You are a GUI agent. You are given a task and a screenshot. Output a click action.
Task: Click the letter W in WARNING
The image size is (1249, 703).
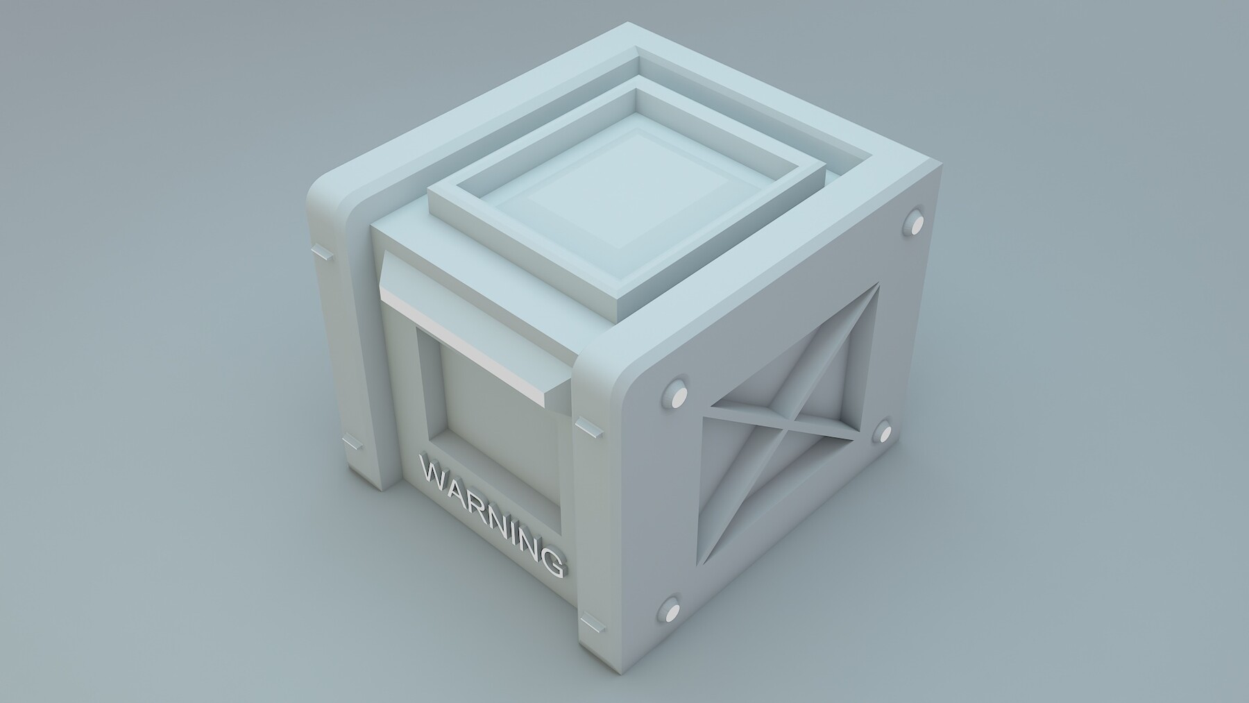(434, 473)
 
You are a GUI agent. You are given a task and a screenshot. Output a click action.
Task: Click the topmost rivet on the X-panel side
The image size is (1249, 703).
(915, 223)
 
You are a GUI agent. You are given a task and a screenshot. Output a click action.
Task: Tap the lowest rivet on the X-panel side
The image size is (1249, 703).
(671, 609)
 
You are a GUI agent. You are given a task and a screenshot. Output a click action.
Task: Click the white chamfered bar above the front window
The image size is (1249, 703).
(472, 333)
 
